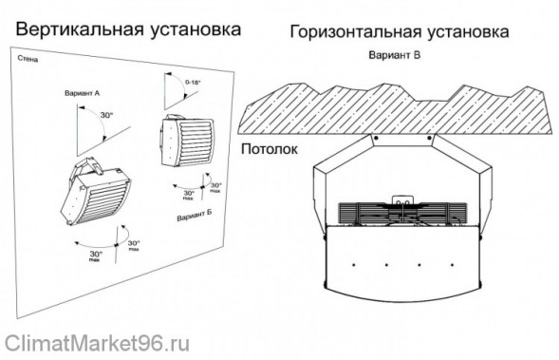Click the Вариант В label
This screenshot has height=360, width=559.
click(x=394, y=55)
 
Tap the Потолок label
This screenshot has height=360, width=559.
click(x=270, y=149)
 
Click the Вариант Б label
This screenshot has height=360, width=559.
click(x=194, y=218)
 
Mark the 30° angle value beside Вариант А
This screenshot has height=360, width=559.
click(x=106, y=115)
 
